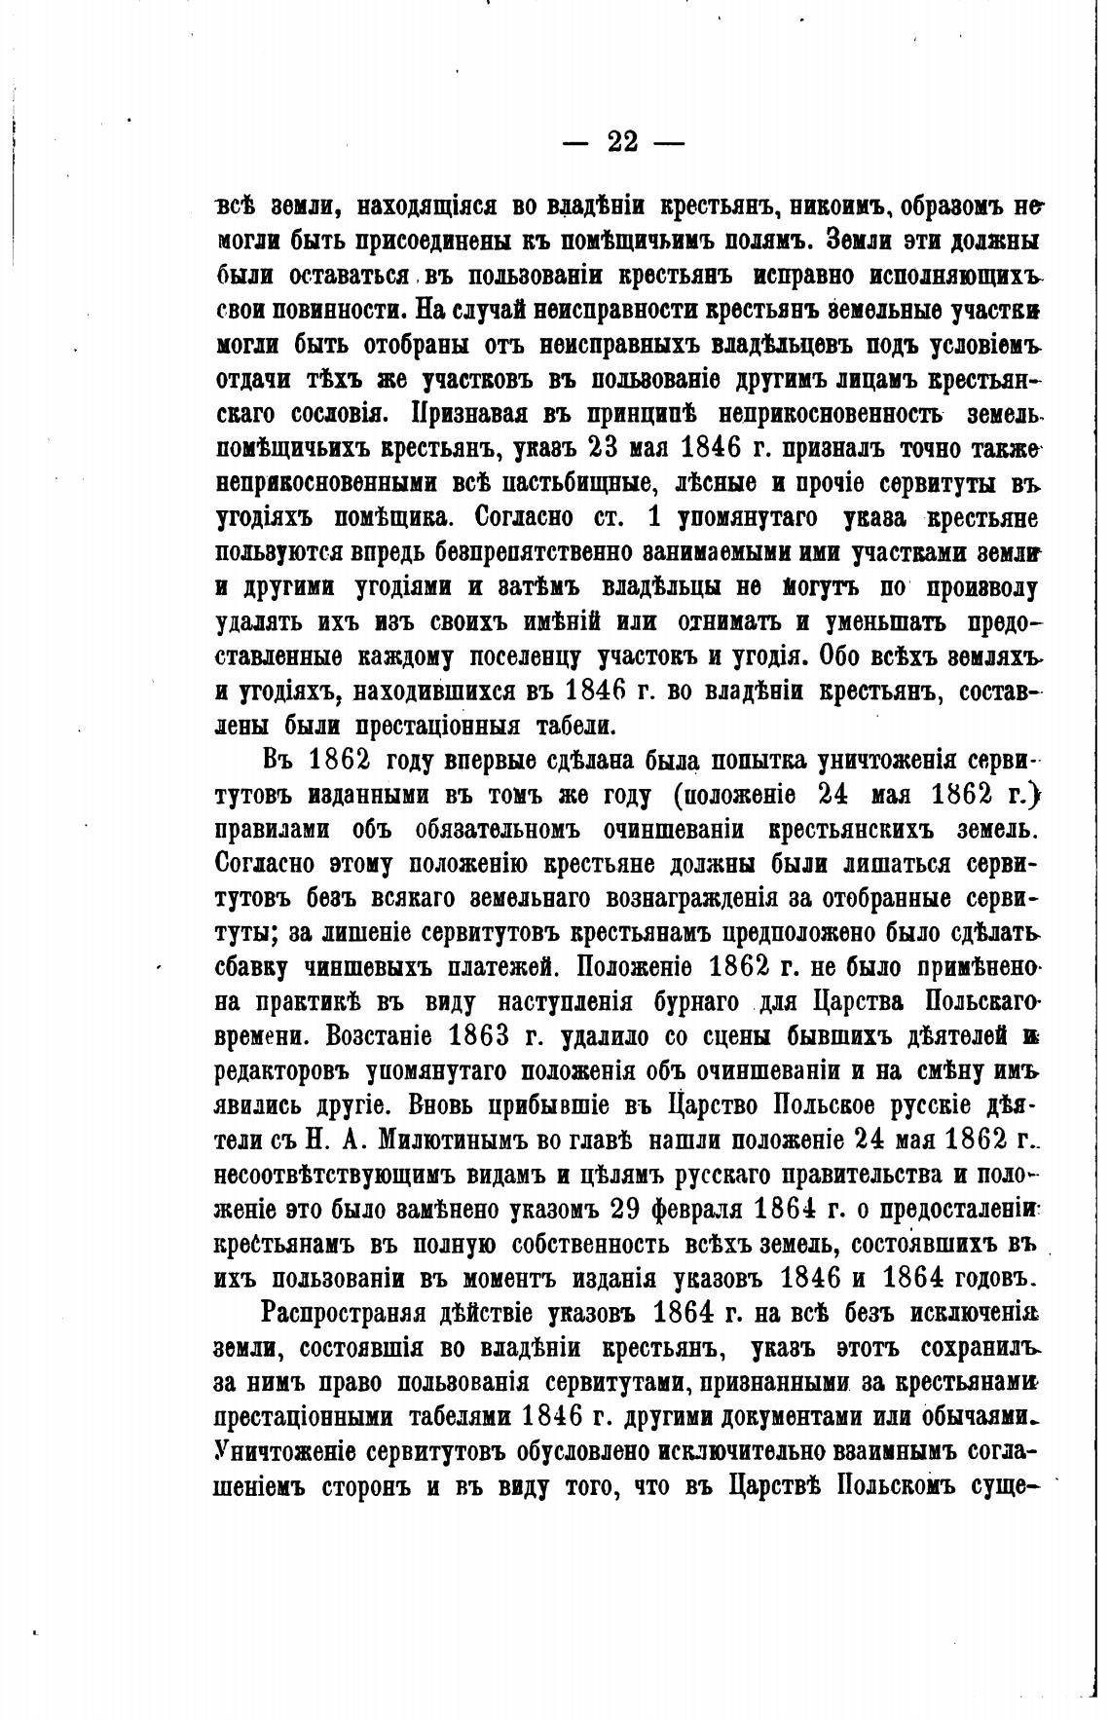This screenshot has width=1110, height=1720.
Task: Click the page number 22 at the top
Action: pyautogui.click(x=623, y=143)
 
